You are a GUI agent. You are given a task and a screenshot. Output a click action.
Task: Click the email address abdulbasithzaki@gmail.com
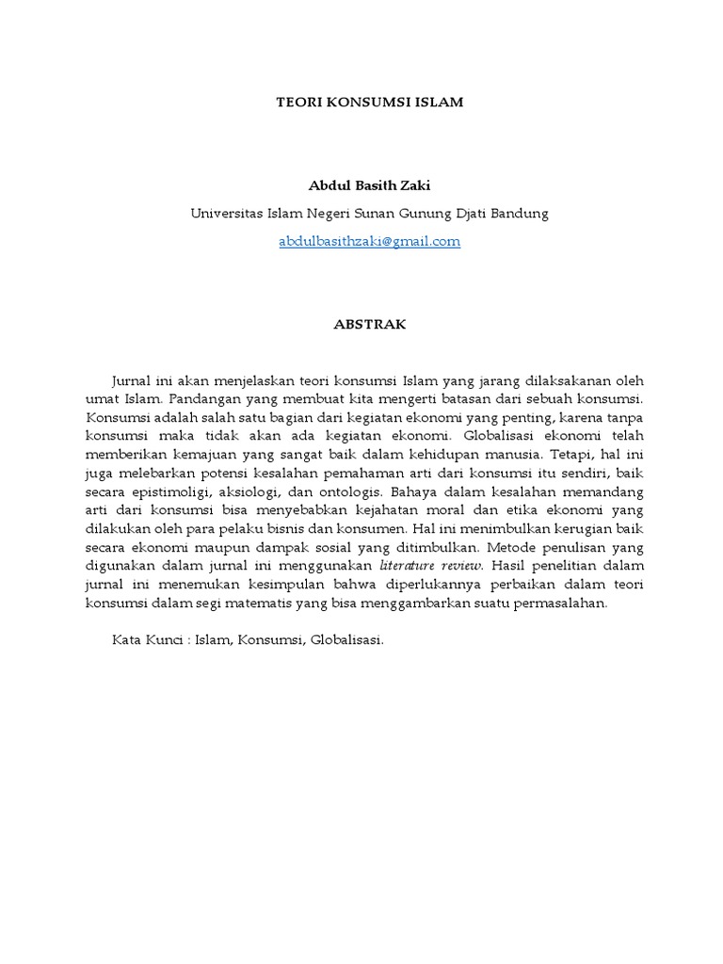[369, 241]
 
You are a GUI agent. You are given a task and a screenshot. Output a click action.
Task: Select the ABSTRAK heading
[369, 323]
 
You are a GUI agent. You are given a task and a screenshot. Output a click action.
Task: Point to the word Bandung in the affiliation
[517, 214]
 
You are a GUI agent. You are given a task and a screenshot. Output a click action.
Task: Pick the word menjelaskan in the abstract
[255, 380]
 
